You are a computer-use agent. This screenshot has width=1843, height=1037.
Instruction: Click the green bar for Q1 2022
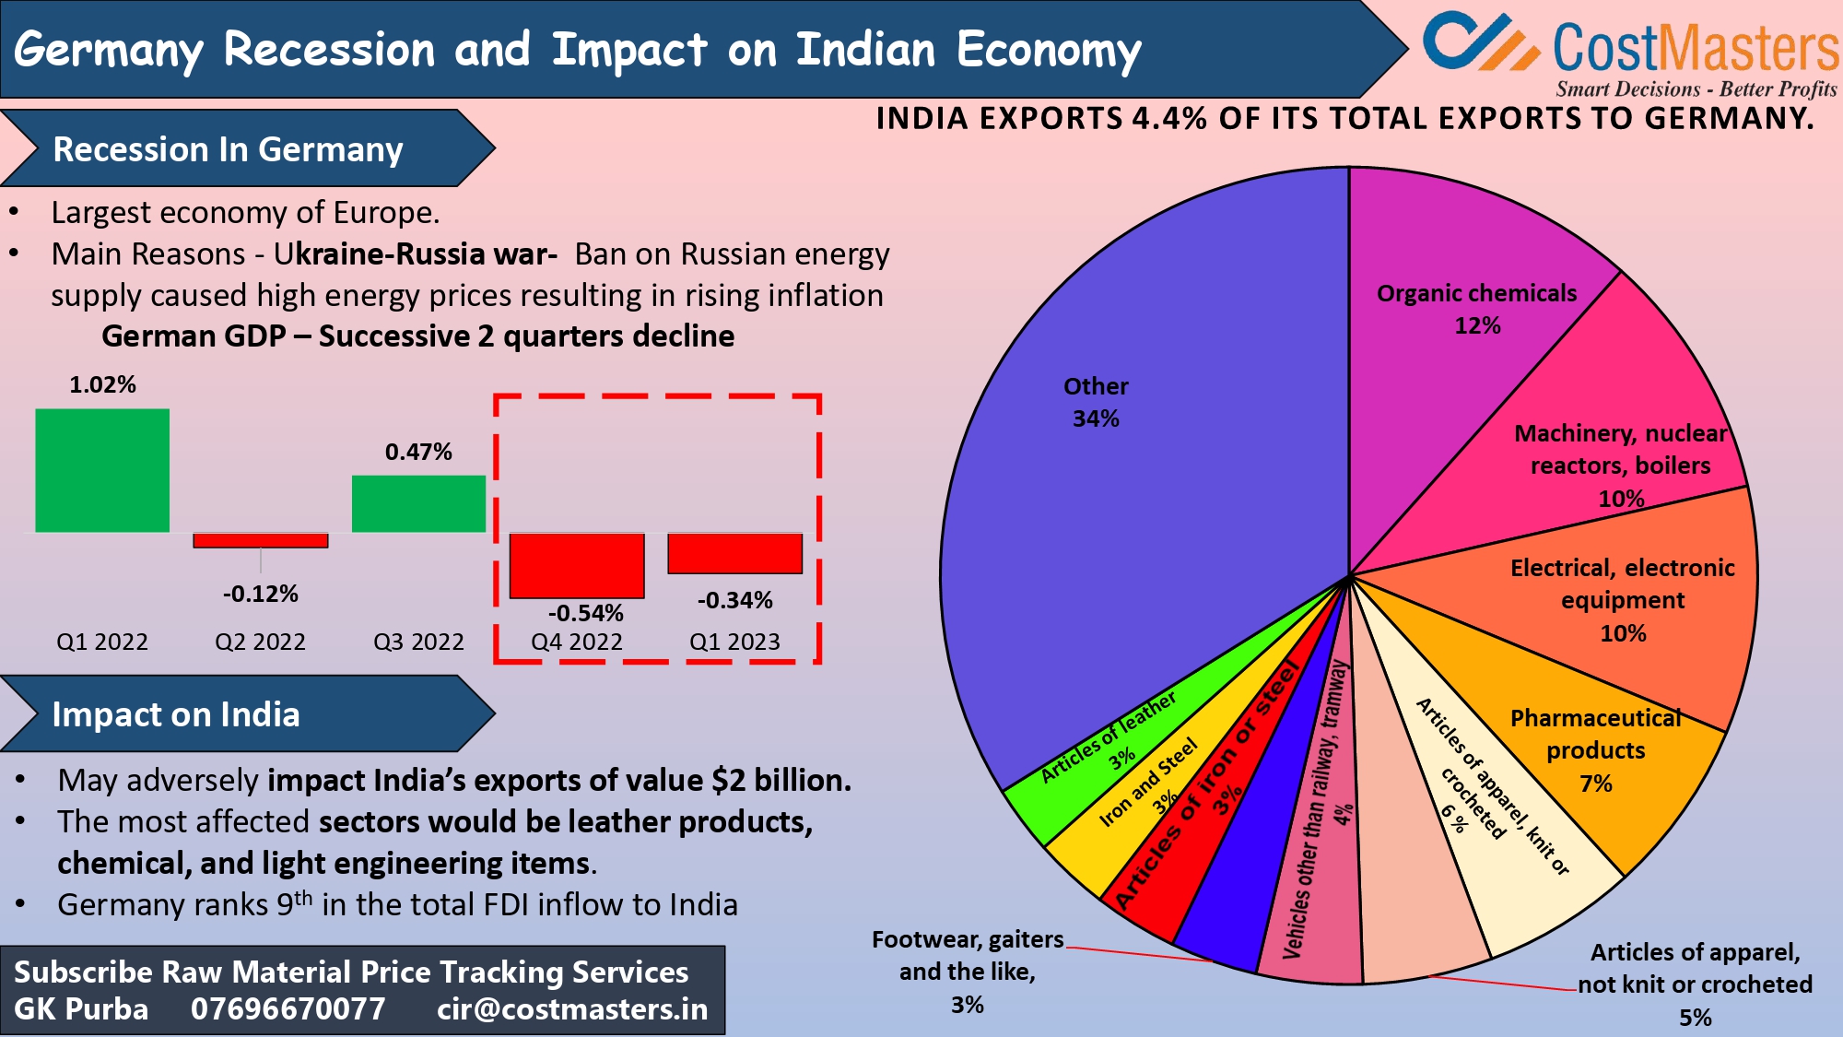coord(102,470)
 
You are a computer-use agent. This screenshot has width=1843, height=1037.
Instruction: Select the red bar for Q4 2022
coord(577,565)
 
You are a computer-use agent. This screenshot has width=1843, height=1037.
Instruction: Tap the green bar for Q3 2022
coord(418,503)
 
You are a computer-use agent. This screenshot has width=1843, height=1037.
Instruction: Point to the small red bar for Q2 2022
coord(261,541)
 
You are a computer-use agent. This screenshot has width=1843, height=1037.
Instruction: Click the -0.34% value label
coord(734,600)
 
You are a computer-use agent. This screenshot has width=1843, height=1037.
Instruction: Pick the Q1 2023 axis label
coord(734,642)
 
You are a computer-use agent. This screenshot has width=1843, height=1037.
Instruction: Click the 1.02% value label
coord(102,384)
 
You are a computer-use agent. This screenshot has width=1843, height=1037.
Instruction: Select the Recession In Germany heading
coord(228,149)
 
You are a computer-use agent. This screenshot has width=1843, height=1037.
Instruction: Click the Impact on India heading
coord(176,714)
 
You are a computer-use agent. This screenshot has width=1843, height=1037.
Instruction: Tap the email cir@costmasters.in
coord(572,1009)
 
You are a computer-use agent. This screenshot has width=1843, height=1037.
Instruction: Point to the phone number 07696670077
coord(288,1009)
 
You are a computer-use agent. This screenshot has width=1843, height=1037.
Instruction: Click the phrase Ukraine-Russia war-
coord(415,253)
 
